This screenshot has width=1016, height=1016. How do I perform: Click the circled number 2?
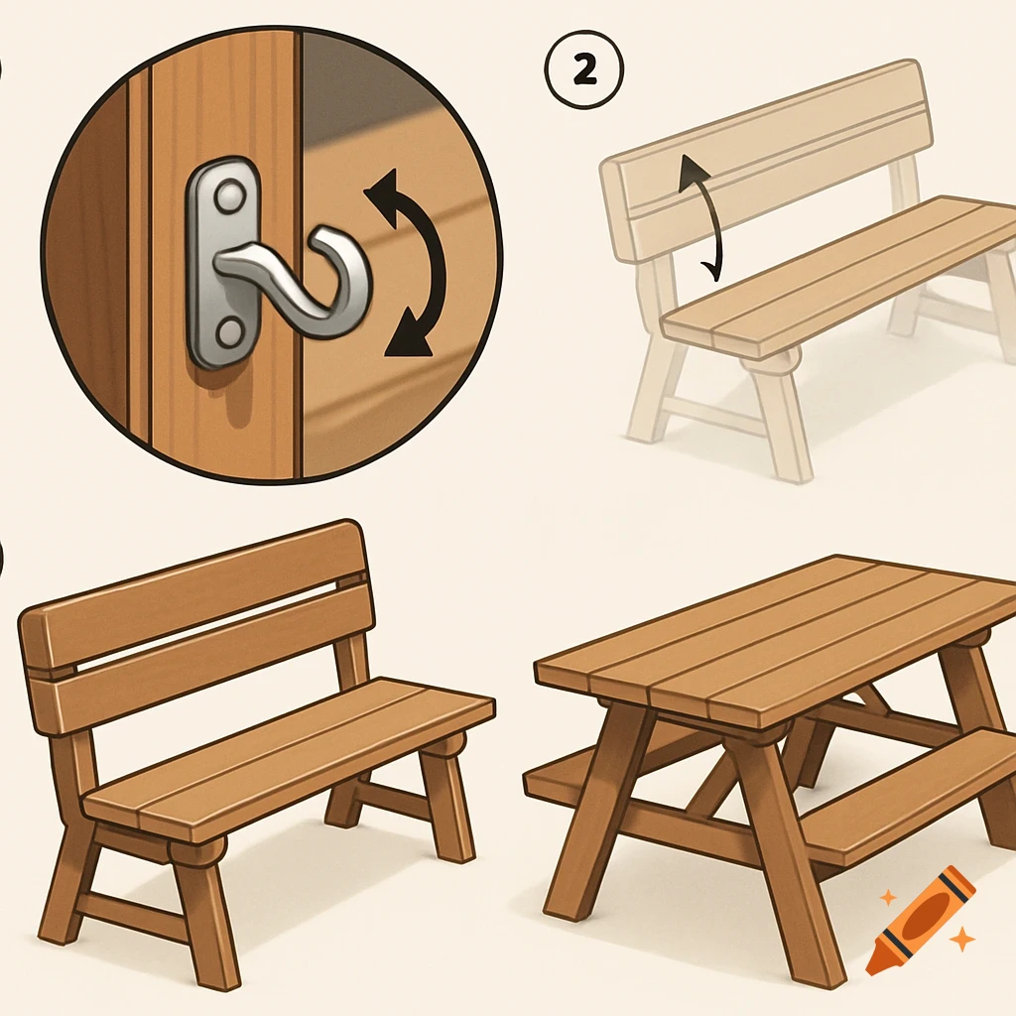point(583,70)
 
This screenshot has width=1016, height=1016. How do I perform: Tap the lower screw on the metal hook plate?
point(227,334)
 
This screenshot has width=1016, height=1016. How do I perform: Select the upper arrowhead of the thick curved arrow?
point(383,188)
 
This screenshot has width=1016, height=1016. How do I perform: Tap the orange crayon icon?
point(920,920)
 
